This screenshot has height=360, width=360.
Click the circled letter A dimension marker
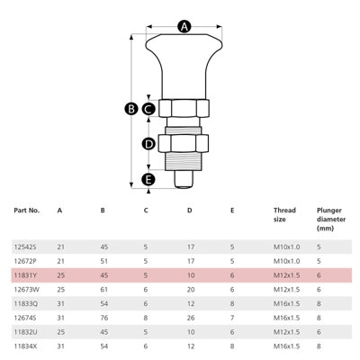pyautogui.click(x=184, y=26)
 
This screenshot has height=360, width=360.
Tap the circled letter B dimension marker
pyautogui.click(x=131, y=109)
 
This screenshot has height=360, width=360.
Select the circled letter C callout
pyautogui.click(x=148, y=109)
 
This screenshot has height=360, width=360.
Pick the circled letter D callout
pyautogui.click(x=148, y=144)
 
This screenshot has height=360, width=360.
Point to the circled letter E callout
pyautogui.click(x=148, y=180)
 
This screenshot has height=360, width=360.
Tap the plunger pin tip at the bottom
pyautogui.click(x=184, y=179)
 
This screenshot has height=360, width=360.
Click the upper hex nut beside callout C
pyautogui.click(x=184, y=108)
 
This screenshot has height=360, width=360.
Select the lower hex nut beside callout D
pyautogui.click(x=184, y=144)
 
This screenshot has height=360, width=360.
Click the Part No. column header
pyautogui.click(x=27, y=211)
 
